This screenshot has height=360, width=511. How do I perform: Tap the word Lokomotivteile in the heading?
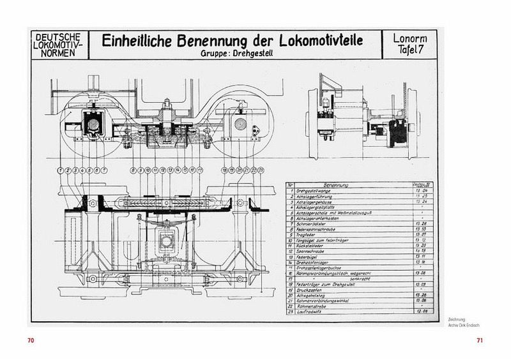tap(314, 41)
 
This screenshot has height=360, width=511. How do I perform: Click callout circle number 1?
tap(59, 170)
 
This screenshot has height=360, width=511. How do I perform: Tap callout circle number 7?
tap(104, 170)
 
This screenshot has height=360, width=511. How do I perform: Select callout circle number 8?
tap(133, 170)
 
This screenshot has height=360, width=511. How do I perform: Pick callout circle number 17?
tap(200, 170)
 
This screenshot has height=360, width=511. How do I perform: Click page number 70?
tap(30, 340)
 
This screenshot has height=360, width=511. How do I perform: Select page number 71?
tap(480, 340)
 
